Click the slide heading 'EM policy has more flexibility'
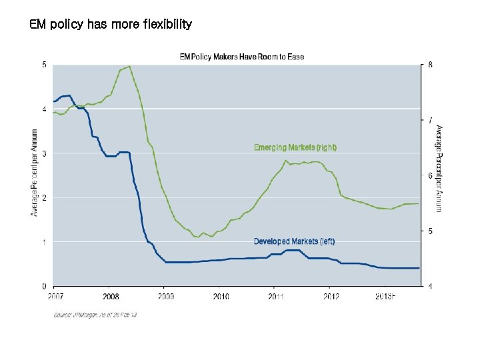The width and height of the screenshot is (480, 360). pyautogui.click(x=111, y=25)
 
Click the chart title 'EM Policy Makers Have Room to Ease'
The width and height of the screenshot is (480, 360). pyautogui.click(x=242, y=57)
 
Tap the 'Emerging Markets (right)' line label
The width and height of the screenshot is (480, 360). pyautogui.click(x=295, y=147)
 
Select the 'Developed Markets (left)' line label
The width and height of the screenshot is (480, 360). pyautogui.click(x=294, y=241)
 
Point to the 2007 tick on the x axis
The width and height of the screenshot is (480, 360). pyautogui.click(x=56, y=296)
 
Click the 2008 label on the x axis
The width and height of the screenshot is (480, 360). pyautogui.click(x=111, y=296)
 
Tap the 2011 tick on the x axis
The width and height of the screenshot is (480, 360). pyautogui.click(x=275, y=296)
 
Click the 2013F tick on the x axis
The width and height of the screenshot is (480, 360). pyautogui.click(x=385, y=296)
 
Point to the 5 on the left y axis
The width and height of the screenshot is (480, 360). pyautogui.click(x=44, y=65)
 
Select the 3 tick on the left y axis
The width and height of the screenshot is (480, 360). pyautogui.click(x=44, y=153)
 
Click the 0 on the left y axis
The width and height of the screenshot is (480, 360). pyautogui.click(x=44, y=287)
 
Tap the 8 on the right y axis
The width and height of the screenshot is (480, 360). pyautogui.click(x=431, y=65)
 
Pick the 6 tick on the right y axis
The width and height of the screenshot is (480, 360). pyautogui.click(x=431, y=176)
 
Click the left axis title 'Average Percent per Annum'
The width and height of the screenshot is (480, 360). pyautogui.click(x=34, y=173)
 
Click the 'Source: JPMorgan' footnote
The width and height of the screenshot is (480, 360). pyautogui.click(x=95, y=315)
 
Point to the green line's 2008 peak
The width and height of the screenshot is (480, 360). pyautogui.click(x=129, y=67)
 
